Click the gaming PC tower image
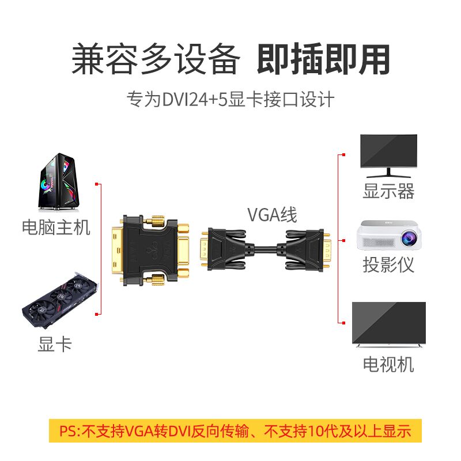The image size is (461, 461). tap(60, 182)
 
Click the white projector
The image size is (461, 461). tap(388, 235)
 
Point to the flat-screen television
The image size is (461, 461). tap(388, 325)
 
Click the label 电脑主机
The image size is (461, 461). tap(56, 226)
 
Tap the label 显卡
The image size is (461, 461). tap(55, 344)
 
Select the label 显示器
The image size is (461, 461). tap(388, 191)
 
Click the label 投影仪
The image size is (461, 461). tap(388, 264)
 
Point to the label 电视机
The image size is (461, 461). tap(388, 364)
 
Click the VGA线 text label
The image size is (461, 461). tap(272, 215)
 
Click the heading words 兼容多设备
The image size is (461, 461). tap(155, 59)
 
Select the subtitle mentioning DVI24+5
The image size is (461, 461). tap(231, 99)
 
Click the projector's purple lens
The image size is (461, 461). tap(406, 236)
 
